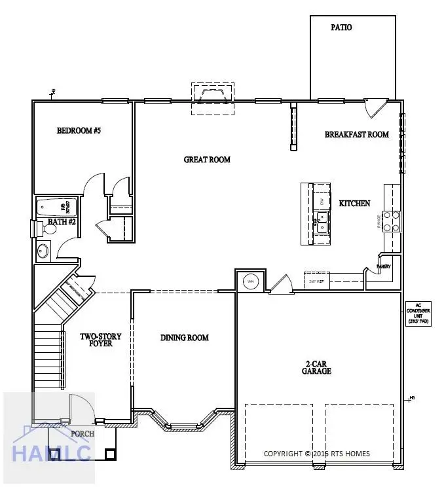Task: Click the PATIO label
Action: click(341, 27)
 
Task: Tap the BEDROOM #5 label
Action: click(79, 131)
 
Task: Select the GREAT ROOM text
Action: click(207, 159)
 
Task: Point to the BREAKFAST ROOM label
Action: click(357, 135)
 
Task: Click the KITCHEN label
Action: click(354, 204)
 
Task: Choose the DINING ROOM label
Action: click(185, 338)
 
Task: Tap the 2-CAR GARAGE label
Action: click(316, 367)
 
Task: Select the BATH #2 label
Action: click(63, 223)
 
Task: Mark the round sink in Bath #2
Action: click(43, 250)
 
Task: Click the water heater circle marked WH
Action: click(250, 281)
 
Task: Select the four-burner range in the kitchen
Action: click(391, 221)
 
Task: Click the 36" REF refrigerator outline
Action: click(316, 279)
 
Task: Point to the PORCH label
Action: click(83, 433)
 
